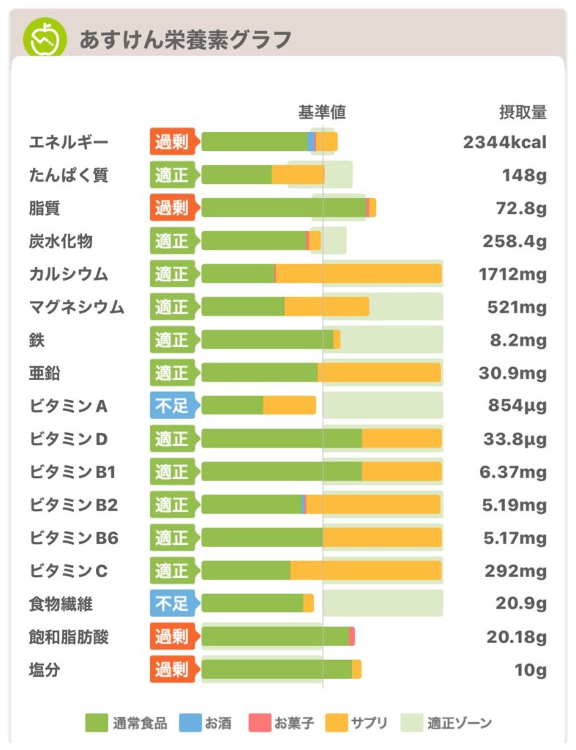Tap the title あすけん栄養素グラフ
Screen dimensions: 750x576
pyautogui.click(x=185, y=39)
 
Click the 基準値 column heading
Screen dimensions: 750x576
pyautogui.click(x=321, y=112)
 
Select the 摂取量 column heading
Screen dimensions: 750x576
pyautogui.click(x=523, y=112)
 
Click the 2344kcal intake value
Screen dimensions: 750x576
pyautogui.click(x=504, y=142)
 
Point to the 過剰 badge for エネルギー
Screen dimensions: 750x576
pyautogui.click(x=172, y=142)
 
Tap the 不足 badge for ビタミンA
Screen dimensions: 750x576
pyautogui.click(x=172, y=406)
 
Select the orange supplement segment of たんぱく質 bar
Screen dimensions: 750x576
pyautogui.click(x=298, y=175)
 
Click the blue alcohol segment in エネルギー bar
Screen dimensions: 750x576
pyautogui.click(x=312, y=142)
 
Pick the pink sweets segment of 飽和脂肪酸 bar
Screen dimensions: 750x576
pyautogui.click(x=352, y=636)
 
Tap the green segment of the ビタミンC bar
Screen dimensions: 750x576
pyautogui.click(x=245, y=571)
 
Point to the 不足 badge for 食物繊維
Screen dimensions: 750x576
pyautogui.click(x=172, y=604)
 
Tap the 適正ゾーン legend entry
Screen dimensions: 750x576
pyautogui.click(x=446, y=724)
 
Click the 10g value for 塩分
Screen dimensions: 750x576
pyautogui.click(x=530, y=669)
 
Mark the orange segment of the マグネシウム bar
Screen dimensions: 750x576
pyautogui.click(x=326, y=307)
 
